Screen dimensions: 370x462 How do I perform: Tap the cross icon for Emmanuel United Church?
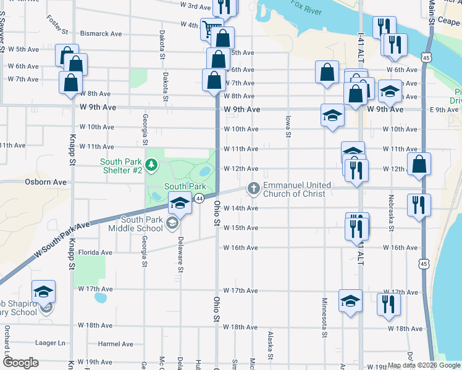253,189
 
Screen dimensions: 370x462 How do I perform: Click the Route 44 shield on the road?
199,199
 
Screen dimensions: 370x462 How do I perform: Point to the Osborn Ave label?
45,183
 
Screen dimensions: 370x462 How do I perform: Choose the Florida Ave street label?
95,252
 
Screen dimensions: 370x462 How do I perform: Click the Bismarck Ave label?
102,34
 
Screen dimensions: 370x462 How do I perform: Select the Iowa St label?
288,126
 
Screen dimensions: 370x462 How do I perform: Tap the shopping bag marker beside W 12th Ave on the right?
419,164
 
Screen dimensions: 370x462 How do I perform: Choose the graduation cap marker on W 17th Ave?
350,301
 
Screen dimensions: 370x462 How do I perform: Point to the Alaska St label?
270,347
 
